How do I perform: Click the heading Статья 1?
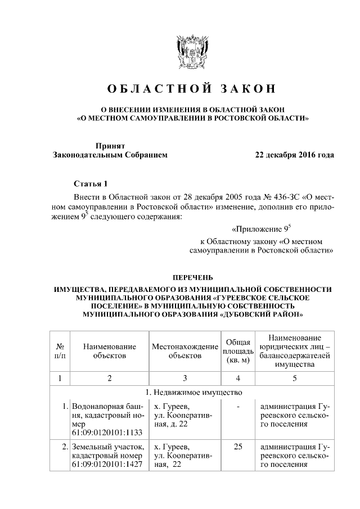[x=90, y=184]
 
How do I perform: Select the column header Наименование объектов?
[x=110, y=351]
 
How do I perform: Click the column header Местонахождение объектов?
[x=184, y=351]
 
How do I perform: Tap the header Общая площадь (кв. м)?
[x=238, y=351]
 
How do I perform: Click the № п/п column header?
[x=60, y=351]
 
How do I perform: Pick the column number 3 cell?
[x=184, y=377]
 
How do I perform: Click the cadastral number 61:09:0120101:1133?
[x=106, y=432]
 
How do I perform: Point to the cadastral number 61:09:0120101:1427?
[x=106, y=465]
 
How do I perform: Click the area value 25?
[x=238, y=447]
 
